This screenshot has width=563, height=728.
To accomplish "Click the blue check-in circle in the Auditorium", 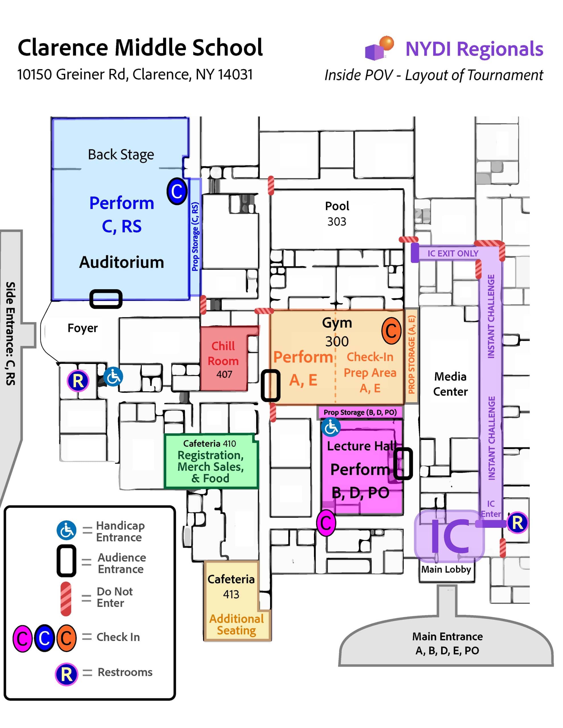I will click(x=177, y=191).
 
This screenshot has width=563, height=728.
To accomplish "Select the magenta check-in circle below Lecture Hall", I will click(x=326, y=523).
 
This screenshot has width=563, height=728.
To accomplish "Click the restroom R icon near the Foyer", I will click(x=78, y=381).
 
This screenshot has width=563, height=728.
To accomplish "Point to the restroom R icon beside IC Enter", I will click(x=517, y=522).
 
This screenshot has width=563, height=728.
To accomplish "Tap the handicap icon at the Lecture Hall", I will click(x=331, y=427).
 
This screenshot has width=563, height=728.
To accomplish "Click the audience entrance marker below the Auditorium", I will click(x=106, y=299).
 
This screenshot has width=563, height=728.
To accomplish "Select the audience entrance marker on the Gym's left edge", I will click(x=270, y=385).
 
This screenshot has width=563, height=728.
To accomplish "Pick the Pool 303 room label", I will click(x=337, y=214).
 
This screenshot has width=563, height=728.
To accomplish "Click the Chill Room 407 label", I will click(x=223, y=360).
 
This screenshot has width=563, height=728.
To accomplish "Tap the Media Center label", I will click(x=450, y=384).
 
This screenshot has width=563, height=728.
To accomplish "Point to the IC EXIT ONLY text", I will click(x=453, y=253).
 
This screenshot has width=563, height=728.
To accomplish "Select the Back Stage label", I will click(x=121, y=155).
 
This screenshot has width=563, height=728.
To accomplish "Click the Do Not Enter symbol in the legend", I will click(x=66, y=598).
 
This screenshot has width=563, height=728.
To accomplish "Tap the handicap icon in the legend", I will click(x=66, y=530).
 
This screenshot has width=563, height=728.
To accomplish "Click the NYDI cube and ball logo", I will click(x=379, y=48).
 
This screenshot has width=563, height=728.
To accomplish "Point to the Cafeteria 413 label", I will click(x=231, y=586).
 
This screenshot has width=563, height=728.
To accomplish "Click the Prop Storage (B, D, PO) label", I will click(x=360, y=412).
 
